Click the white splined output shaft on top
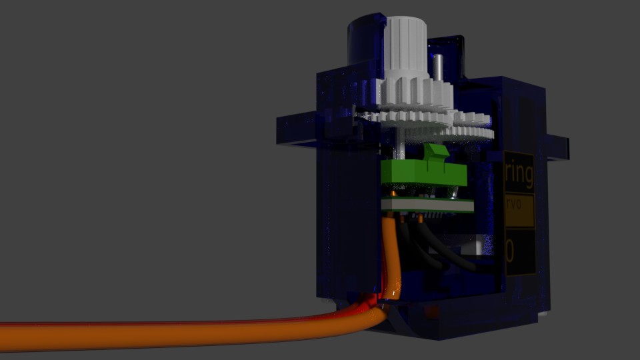tap(407, 47)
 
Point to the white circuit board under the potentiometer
tap(427, 205)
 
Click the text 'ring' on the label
tap(519, 175)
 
